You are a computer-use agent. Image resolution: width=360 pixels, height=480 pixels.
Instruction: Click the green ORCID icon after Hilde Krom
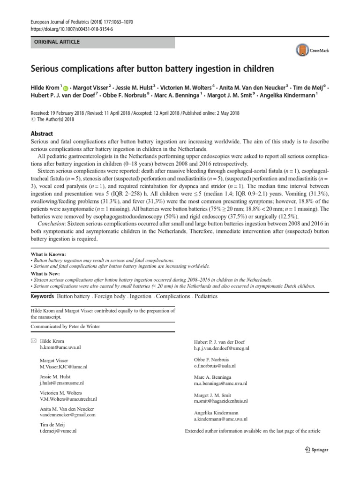(x=65, y=88)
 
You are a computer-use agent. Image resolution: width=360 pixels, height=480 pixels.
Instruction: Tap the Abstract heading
(x=42, y=134)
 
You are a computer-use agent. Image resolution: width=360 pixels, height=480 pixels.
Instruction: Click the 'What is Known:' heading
(x=47, y=254)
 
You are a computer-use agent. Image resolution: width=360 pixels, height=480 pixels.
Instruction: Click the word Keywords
(x=42, y=297)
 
